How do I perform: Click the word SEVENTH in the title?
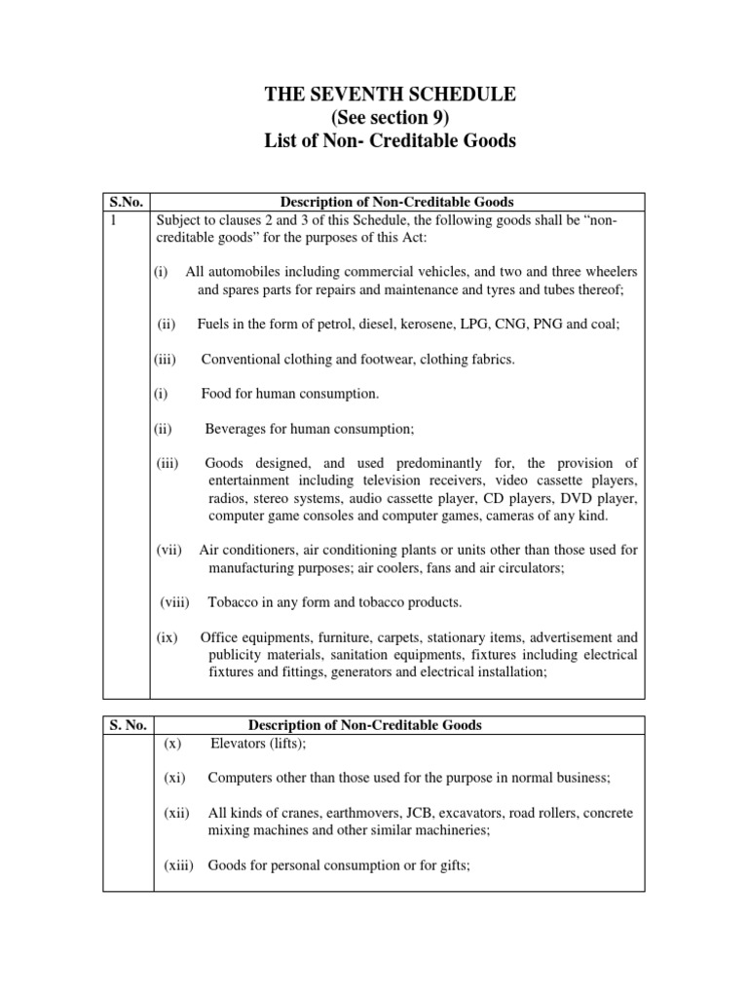pos(362,95)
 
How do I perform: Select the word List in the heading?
pos(281,142)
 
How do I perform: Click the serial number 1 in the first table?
pos(111,219)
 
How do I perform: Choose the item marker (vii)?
pos(169,550)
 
